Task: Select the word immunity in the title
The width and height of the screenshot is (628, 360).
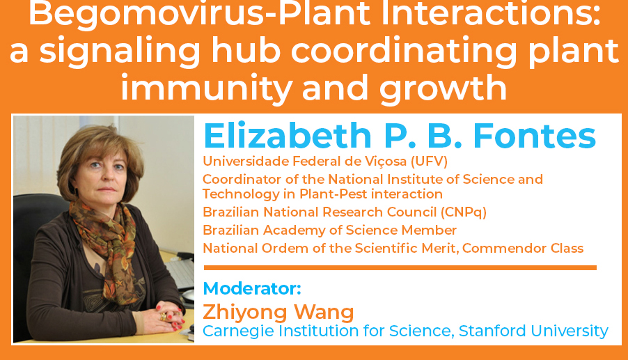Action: click(206, 89)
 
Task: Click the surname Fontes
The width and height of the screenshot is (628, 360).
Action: click(535, 136)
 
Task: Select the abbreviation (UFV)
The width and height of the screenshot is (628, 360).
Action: click(430, 162)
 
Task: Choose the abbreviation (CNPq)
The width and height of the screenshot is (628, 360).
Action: click(464, 212)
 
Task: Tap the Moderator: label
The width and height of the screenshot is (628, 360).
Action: click(252, 288)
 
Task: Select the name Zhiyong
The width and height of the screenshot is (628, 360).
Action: click(244, 313)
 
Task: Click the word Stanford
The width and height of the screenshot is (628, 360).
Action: click(492, 331)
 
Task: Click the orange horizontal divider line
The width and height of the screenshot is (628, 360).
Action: click(400, 267)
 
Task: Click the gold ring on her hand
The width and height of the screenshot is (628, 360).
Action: click(164, 316)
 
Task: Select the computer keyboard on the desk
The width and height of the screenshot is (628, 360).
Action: click(180, 272)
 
